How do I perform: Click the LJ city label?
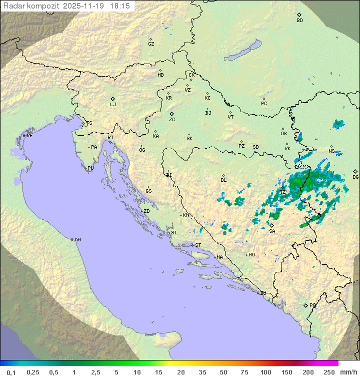coord(113,105)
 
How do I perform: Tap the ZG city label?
coord(172,120)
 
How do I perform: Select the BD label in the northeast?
coord(299,21)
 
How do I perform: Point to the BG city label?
coord(355,177)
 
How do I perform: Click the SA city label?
coord(272,231)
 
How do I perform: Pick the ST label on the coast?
coord(198,245)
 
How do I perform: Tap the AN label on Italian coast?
coord(77,240)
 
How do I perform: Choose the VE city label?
coord(29,136)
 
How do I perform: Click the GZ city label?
coord(151,44)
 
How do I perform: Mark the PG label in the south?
coord(312,305)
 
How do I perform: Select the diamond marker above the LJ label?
coord(113,99)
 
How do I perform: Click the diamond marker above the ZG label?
coord(171,114)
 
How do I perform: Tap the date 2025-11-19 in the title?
coord(85,6)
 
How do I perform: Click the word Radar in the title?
coord(13,6)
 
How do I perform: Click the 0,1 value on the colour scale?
coord(11,372)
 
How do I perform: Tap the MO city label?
coord(251,255)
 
